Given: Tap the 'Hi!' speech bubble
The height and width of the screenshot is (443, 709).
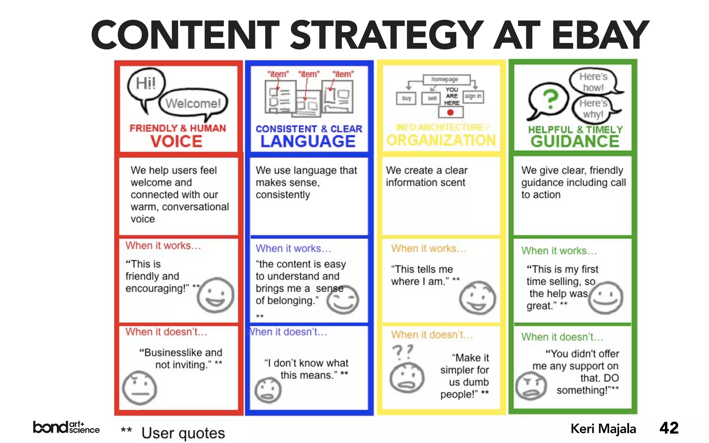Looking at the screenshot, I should [x=146, y=83].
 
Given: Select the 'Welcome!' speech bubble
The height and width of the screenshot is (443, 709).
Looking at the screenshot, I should [x=193, y=103].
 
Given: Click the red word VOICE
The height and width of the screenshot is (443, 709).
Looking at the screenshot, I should [x=176, y=142].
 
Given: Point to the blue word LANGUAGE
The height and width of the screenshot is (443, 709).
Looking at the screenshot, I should [x=308, y=142].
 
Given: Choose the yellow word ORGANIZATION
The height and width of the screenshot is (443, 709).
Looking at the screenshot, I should [x=441, y=141].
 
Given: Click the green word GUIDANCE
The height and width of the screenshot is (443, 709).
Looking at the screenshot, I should [x=575, y=142].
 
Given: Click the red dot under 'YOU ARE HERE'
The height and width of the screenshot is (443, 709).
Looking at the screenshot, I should [x=450, y=112].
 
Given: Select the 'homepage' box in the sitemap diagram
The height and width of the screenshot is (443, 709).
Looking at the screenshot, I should [x=445, y=79].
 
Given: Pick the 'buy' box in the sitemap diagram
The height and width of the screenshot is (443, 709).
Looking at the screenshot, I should [x=406, y=98].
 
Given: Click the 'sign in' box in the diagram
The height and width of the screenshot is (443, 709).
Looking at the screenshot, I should [x=473, y=96].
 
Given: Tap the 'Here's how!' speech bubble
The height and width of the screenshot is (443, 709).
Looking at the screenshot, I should [x=593, y=82].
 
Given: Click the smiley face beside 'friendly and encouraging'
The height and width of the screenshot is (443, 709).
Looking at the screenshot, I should [x=215, y=295].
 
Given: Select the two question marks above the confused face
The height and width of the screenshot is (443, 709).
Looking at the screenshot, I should [x=403, y=352].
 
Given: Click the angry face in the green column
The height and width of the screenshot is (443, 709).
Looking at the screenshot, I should [x=531, y=386].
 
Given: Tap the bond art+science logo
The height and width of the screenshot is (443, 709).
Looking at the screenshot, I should [x=66, y=427].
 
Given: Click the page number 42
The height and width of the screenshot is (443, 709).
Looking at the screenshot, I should [x=669, y=428].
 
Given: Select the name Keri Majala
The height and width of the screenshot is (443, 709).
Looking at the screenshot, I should [x=603, y=429].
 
